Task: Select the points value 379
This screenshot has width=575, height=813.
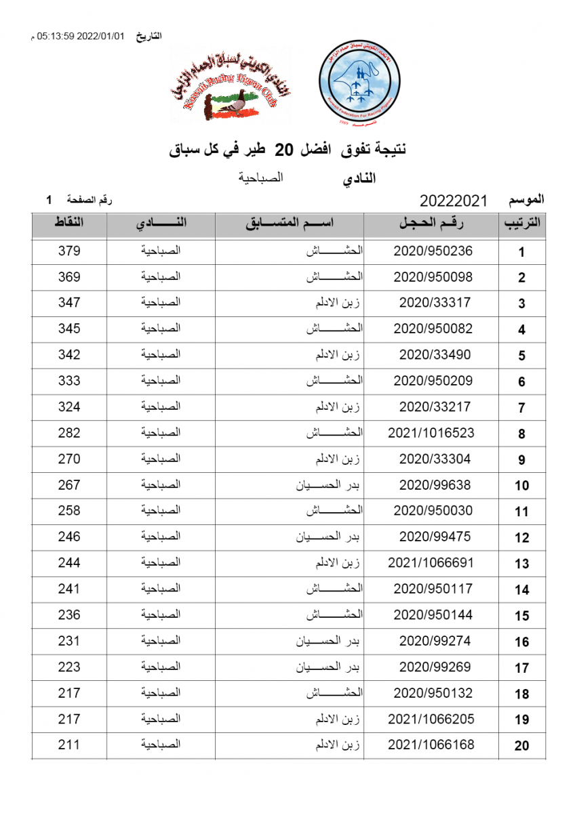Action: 69,251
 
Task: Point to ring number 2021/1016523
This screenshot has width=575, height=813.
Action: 431,433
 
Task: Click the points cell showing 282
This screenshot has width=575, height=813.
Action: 69,433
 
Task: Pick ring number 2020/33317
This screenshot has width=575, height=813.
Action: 435,303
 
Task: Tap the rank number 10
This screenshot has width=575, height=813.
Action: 521,486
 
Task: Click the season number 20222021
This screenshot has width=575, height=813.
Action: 454,201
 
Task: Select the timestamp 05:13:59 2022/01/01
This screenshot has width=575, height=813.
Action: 82,35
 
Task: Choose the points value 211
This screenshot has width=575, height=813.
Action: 69,745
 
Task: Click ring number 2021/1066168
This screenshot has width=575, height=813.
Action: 431,745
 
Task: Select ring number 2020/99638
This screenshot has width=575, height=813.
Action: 435,485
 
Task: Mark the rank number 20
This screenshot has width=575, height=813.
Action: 521,746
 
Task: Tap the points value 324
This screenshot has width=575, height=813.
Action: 69,407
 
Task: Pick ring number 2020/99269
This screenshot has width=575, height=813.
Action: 435,667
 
